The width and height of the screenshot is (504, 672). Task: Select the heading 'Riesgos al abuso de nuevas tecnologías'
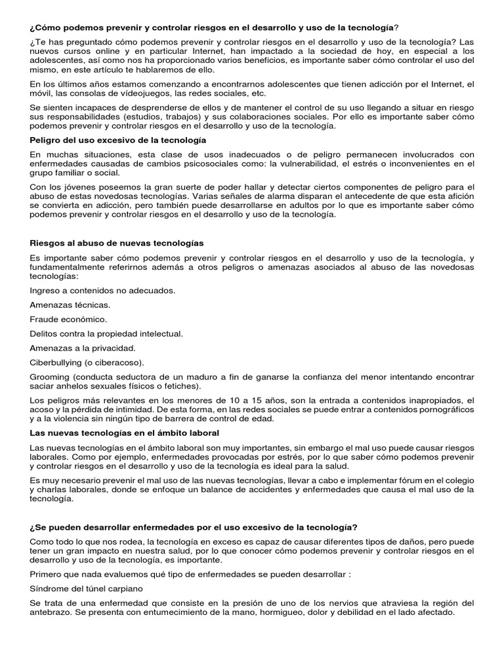(117, 243)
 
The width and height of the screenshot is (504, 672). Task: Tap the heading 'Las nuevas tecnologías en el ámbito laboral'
(125, 433)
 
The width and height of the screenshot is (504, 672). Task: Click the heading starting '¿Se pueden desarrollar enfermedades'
(193, 528)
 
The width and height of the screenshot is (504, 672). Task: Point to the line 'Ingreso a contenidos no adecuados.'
(102, 289)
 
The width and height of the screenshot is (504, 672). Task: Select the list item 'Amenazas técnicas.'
(70, 304)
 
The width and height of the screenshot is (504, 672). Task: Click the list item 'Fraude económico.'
(68, 319)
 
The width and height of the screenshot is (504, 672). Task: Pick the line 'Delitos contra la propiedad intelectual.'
(106, 333)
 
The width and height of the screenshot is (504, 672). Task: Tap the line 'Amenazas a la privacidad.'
(81, 348)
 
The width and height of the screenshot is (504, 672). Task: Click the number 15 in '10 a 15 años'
(195, 400)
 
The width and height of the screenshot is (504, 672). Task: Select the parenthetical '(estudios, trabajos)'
(125, 116)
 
